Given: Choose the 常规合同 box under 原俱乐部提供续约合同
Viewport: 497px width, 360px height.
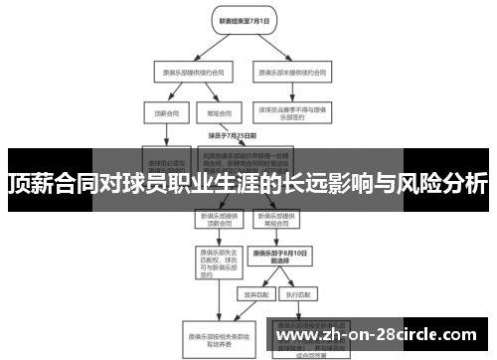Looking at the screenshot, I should click(209, 114).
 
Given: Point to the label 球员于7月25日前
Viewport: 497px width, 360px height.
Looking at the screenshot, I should click(232, 134).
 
